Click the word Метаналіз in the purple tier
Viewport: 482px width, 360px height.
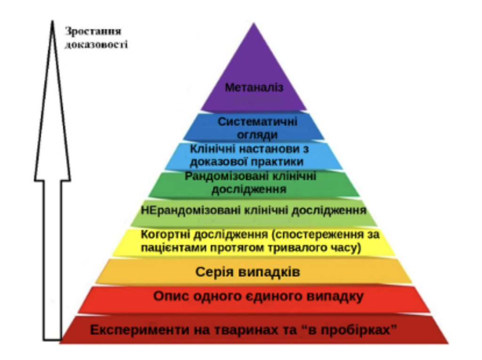pyautogui.click(x=254, y=88)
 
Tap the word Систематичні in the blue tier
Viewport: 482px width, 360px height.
pyautogui.click(x=257, y=122)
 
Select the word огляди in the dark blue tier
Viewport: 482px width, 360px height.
pyautogui.click(x=257, y=135)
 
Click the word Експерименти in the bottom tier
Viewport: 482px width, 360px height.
pyautogui.click(x=140, y=330)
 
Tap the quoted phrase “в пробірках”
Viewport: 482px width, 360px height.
pyautogui.click(x=347, y=330)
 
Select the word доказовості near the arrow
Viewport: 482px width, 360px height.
pyautogui.click(x=96, y=44)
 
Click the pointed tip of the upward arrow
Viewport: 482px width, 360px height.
pyautogui.click(x=53, y=21)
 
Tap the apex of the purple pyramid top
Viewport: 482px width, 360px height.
pyautogui.click(x=254, y=23)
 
